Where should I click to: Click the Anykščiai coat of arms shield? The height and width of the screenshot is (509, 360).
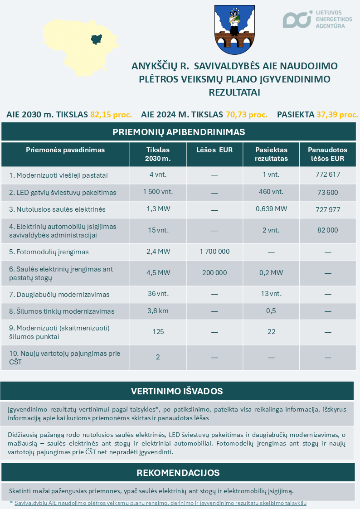coord(234,29)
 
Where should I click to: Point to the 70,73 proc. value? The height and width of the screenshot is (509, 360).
coord(247,115)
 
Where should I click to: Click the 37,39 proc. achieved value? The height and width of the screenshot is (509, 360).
coord(337,115)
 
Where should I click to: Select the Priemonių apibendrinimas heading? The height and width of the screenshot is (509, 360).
coord(179,132)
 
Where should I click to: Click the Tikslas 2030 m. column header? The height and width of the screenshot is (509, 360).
coord(158,154)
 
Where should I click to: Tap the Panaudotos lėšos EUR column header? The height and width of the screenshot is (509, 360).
coord(327,154)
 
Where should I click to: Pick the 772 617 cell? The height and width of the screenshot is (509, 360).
coord(327,174)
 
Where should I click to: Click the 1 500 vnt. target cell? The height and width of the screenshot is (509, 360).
coord(158,192)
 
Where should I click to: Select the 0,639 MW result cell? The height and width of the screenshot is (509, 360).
coord(271,209)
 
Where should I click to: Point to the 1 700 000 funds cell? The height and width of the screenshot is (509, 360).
coord(214,252)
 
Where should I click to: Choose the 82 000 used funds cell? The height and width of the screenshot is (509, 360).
coord(327,230)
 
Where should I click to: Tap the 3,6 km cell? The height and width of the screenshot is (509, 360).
coord(158,311)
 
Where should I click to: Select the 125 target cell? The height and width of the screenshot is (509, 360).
coord(158,332)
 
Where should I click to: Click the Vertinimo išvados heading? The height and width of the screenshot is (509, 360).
coord(177,391)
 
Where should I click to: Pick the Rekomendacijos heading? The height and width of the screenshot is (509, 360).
coord(178,473)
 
